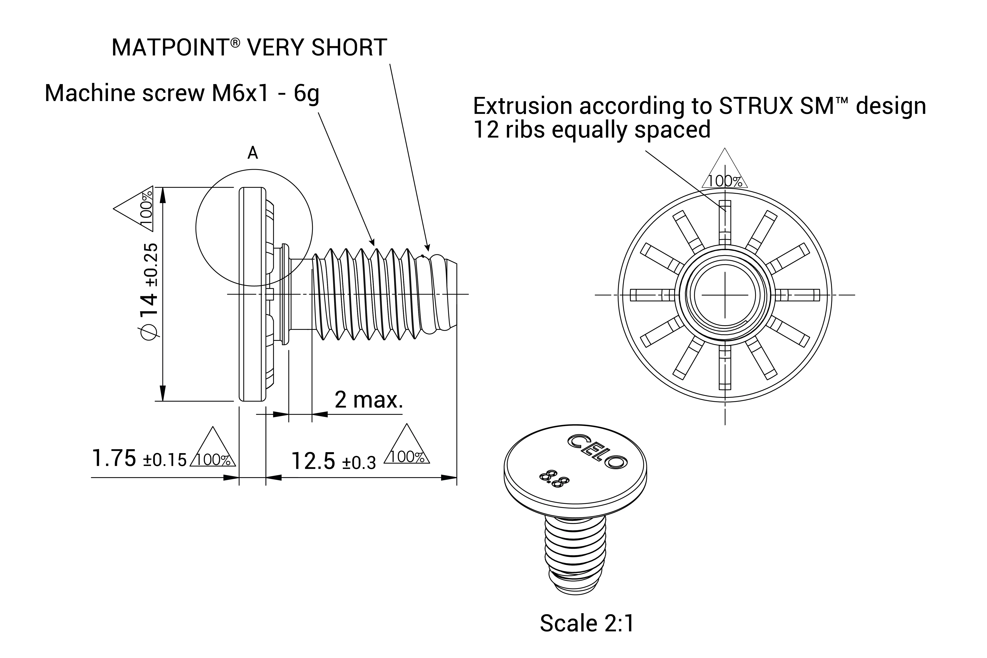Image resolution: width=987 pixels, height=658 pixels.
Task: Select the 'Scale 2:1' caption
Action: [x=587, y=623]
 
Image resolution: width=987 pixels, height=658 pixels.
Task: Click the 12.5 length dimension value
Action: [x=313, y=461]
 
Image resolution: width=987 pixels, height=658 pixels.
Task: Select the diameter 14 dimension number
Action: [x=149, y=305]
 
